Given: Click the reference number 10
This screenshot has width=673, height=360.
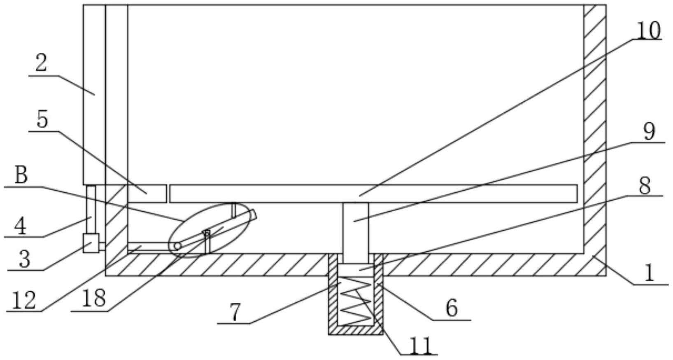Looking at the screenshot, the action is tap(648, 30).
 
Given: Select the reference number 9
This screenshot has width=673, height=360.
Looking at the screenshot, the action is tap(649, 132).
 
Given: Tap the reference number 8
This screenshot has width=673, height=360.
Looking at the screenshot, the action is tap(645, 186).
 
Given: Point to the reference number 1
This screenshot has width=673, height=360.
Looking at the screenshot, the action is tap(649, 273).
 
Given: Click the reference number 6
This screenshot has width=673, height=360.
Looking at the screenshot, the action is tap(452, 308).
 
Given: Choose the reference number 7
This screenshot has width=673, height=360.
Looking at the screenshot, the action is tap(236, 313).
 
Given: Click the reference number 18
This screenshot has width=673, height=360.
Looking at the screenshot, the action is tap(94, 299).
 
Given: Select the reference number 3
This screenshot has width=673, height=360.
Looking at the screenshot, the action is tap(24, 259).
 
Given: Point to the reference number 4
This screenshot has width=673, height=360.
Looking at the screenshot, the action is tap(20, 227).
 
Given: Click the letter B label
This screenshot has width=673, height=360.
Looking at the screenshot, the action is tap(21, 175).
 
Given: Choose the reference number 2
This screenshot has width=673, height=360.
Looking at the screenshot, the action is tap(41, 63).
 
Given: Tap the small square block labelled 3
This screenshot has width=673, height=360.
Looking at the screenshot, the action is tap(91, 243).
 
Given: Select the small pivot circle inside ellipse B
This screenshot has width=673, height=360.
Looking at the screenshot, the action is tap(177, 246).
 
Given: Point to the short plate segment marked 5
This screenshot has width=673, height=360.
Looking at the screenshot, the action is tap(147, 194).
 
